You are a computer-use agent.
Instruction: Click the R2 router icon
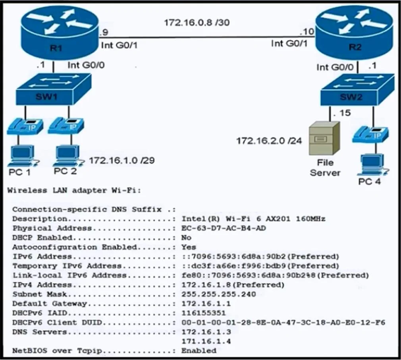click(355, 33)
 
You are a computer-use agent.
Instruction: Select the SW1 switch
click(54, 89)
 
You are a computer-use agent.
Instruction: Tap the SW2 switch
click(357, 89)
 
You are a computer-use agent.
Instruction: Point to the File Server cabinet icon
click(324, 138)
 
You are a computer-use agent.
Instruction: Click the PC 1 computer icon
click(23, 156)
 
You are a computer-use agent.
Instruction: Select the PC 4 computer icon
click(373, 165)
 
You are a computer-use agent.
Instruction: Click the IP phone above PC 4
click(370, 134)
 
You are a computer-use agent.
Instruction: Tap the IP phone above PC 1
click(25, 126)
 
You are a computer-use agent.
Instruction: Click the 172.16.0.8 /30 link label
click(197, 23)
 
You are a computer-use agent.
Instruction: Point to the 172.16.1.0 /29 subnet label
click(122, 161)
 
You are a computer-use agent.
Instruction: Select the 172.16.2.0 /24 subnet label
click(269, 141)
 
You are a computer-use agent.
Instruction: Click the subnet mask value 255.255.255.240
click(219, 294)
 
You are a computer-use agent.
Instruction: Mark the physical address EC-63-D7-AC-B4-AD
click(224, 228)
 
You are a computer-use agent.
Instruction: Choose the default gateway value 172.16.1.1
click(206, 304)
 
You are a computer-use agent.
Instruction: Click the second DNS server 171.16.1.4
click(206, 341)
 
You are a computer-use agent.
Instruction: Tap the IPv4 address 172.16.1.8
click(206, 285)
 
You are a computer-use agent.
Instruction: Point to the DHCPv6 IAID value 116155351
click(204, 313)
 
